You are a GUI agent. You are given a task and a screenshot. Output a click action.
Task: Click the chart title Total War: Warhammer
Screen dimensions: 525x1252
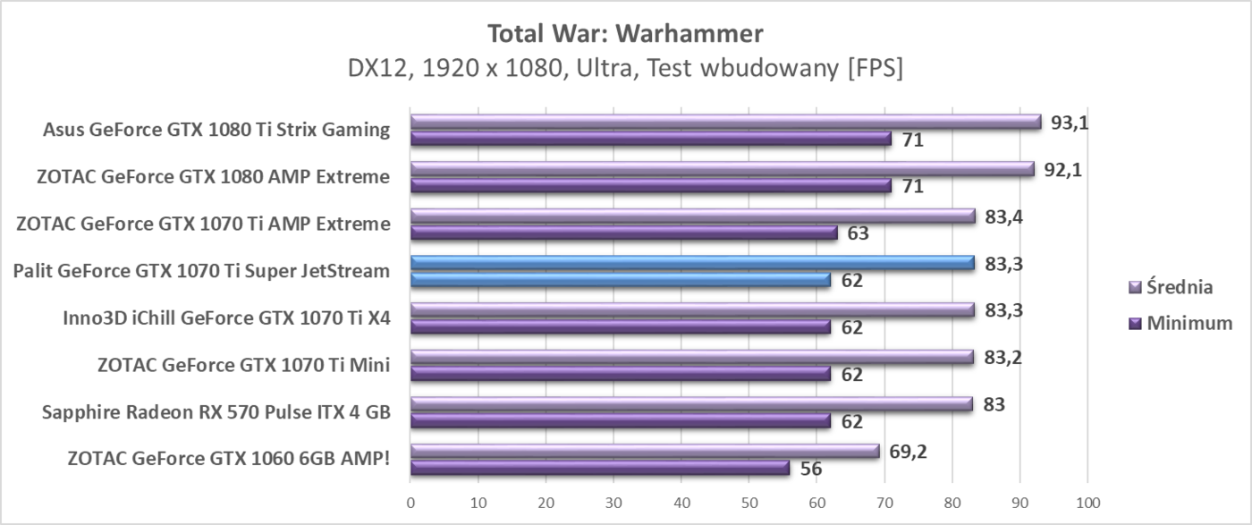point(625,34)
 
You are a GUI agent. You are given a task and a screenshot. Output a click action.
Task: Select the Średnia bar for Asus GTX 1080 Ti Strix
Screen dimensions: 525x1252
point(724,122)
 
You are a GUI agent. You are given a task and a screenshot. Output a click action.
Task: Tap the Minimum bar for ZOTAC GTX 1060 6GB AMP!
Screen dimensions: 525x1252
point(599,468)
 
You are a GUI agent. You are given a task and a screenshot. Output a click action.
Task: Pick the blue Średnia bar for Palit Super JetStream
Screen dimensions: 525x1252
point(691,262)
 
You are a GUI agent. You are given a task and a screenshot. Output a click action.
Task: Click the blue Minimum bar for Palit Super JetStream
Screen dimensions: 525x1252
point(620,280)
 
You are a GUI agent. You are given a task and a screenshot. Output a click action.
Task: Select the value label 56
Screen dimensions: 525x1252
point(811,469)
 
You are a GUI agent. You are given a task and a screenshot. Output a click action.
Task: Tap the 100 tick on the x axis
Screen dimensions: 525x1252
point(1087,504)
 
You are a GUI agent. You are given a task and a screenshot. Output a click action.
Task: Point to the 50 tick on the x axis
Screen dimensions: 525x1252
point(749,504)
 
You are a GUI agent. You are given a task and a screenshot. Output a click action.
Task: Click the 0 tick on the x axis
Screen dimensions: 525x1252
point(410,504)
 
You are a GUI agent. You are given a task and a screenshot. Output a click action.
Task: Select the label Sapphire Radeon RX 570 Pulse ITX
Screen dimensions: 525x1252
point(216,412)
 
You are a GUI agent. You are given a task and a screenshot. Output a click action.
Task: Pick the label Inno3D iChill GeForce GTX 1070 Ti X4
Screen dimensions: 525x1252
point(226,318)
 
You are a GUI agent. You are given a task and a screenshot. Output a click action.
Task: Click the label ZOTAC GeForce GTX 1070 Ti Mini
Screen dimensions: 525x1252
point(243,365)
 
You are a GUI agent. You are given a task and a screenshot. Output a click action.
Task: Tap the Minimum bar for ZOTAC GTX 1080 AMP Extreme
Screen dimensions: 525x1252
point(650,186)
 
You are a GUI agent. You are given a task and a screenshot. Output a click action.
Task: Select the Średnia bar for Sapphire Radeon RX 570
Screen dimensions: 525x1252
point(690,403)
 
